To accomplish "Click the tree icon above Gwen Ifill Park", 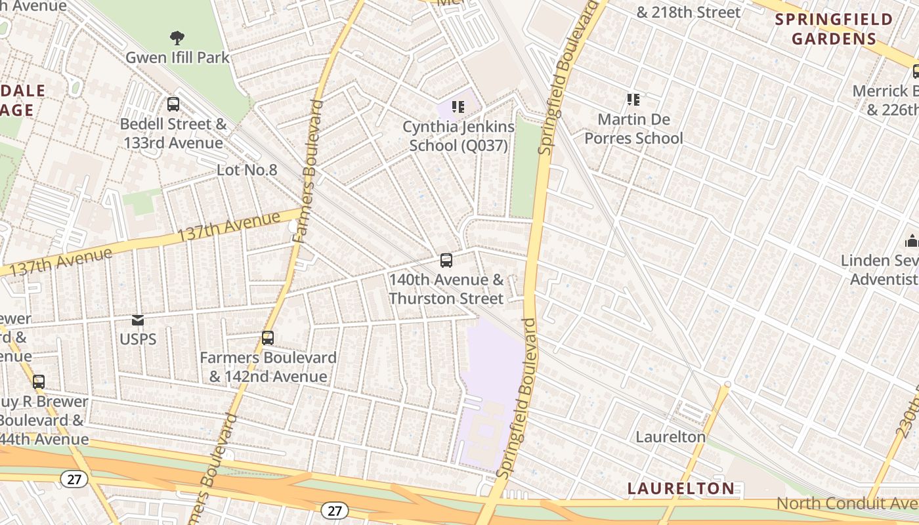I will click(177, 37).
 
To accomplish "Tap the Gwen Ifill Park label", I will click(177, 58).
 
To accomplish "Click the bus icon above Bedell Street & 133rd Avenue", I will click(173, 104).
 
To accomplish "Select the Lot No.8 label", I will click(247, 170).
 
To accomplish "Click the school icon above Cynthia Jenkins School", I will click(458, 106).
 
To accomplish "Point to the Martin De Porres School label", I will click(633, 129).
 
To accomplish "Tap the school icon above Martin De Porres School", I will click(633, 100).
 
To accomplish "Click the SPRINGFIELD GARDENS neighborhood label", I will click(834, 29).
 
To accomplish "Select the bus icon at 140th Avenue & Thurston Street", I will click(446, 261).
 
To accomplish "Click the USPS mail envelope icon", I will click(138, 320).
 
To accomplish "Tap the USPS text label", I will click(138, 339).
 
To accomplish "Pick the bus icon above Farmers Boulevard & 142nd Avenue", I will click(268, 338).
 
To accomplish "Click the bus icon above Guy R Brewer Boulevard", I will click(39, 381).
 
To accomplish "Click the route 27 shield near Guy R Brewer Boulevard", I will click(74, 479).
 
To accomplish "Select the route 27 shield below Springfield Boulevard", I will click(335, 510).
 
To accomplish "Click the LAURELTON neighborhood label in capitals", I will click(681, 488).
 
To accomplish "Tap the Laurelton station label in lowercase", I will click(670, 436).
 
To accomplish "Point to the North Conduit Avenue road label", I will click(847, 503).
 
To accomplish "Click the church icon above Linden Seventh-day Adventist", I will click(911, 241).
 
